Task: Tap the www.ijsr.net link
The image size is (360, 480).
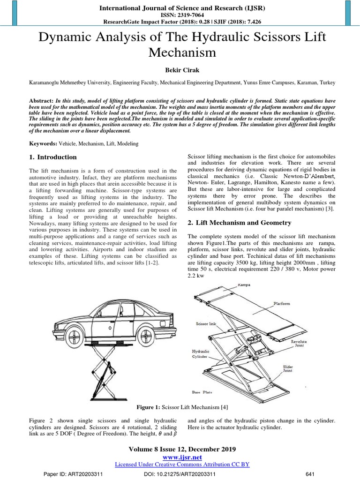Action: tap(180, 457)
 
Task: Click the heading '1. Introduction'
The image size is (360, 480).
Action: tap(53, 157)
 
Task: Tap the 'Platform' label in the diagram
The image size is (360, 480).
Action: tap(282, 304)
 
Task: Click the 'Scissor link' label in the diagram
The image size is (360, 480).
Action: tap(203, 323)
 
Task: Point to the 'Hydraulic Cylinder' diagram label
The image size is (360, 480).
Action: tap(201, 353)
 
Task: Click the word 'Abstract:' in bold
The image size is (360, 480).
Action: tap(41, 100)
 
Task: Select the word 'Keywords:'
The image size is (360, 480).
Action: tap(43, 143)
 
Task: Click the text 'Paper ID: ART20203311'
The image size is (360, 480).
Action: tap(73, 474)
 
